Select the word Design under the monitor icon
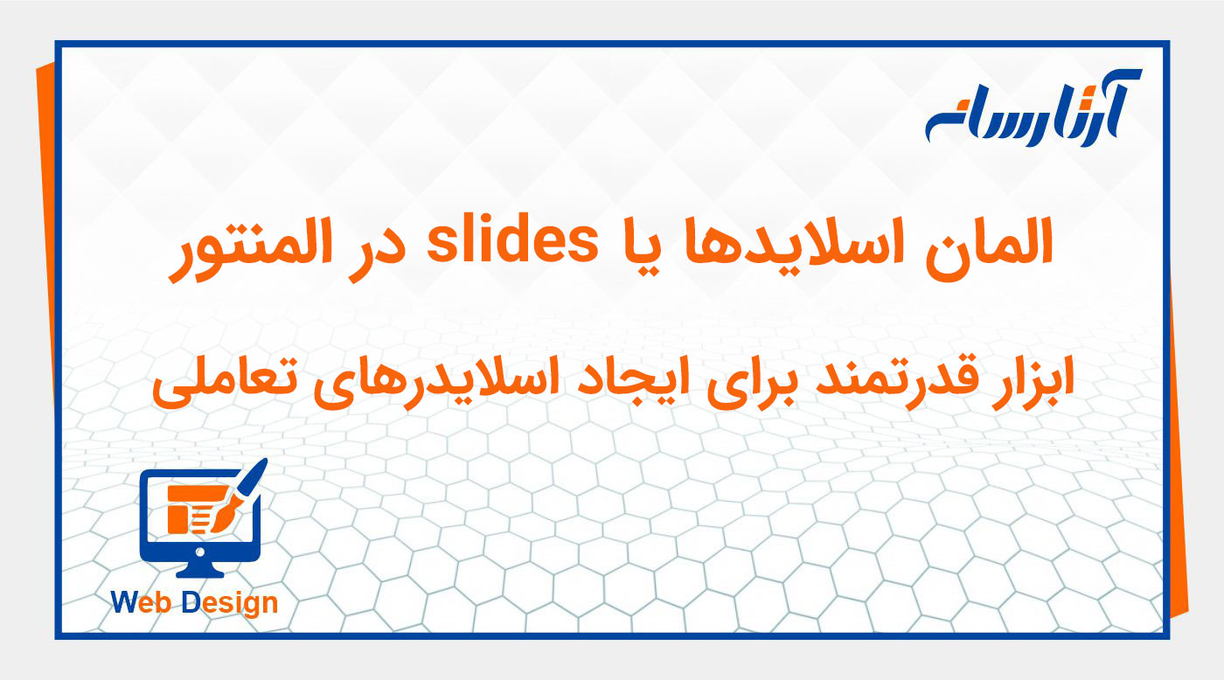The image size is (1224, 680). (231, 602)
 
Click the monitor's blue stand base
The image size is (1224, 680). (200, 573)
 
